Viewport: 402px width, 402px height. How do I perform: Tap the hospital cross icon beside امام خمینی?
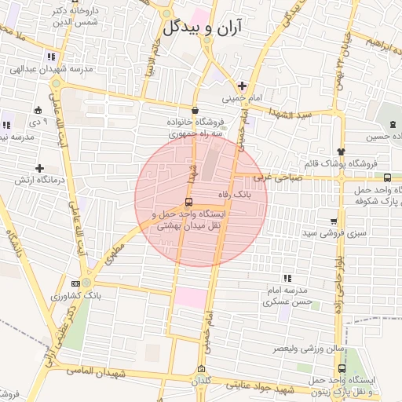tap(243, 86)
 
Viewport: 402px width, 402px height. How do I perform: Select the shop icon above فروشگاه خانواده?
tap(195, 111)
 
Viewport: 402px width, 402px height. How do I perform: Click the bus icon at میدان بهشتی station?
tap(187, 202)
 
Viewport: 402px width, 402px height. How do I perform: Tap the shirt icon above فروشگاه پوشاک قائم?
tap(340, 152)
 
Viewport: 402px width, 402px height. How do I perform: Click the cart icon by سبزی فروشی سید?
tap(334, 222)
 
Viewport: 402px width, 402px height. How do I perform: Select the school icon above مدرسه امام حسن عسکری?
tap(288, 278)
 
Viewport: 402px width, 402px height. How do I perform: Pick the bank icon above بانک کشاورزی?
tap(75, 284)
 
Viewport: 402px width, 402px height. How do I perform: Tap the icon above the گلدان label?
tap(202, 369)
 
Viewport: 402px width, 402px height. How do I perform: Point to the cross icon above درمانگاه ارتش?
tap(39, 168)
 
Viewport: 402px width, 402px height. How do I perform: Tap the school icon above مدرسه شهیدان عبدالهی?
tap(51, 57)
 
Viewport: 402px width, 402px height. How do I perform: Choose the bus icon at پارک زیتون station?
tap(341, 368)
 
